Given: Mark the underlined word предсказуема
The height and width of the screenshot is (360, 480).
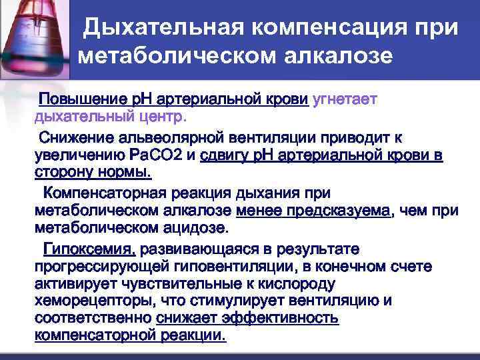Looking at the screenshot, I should [347, 211].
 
